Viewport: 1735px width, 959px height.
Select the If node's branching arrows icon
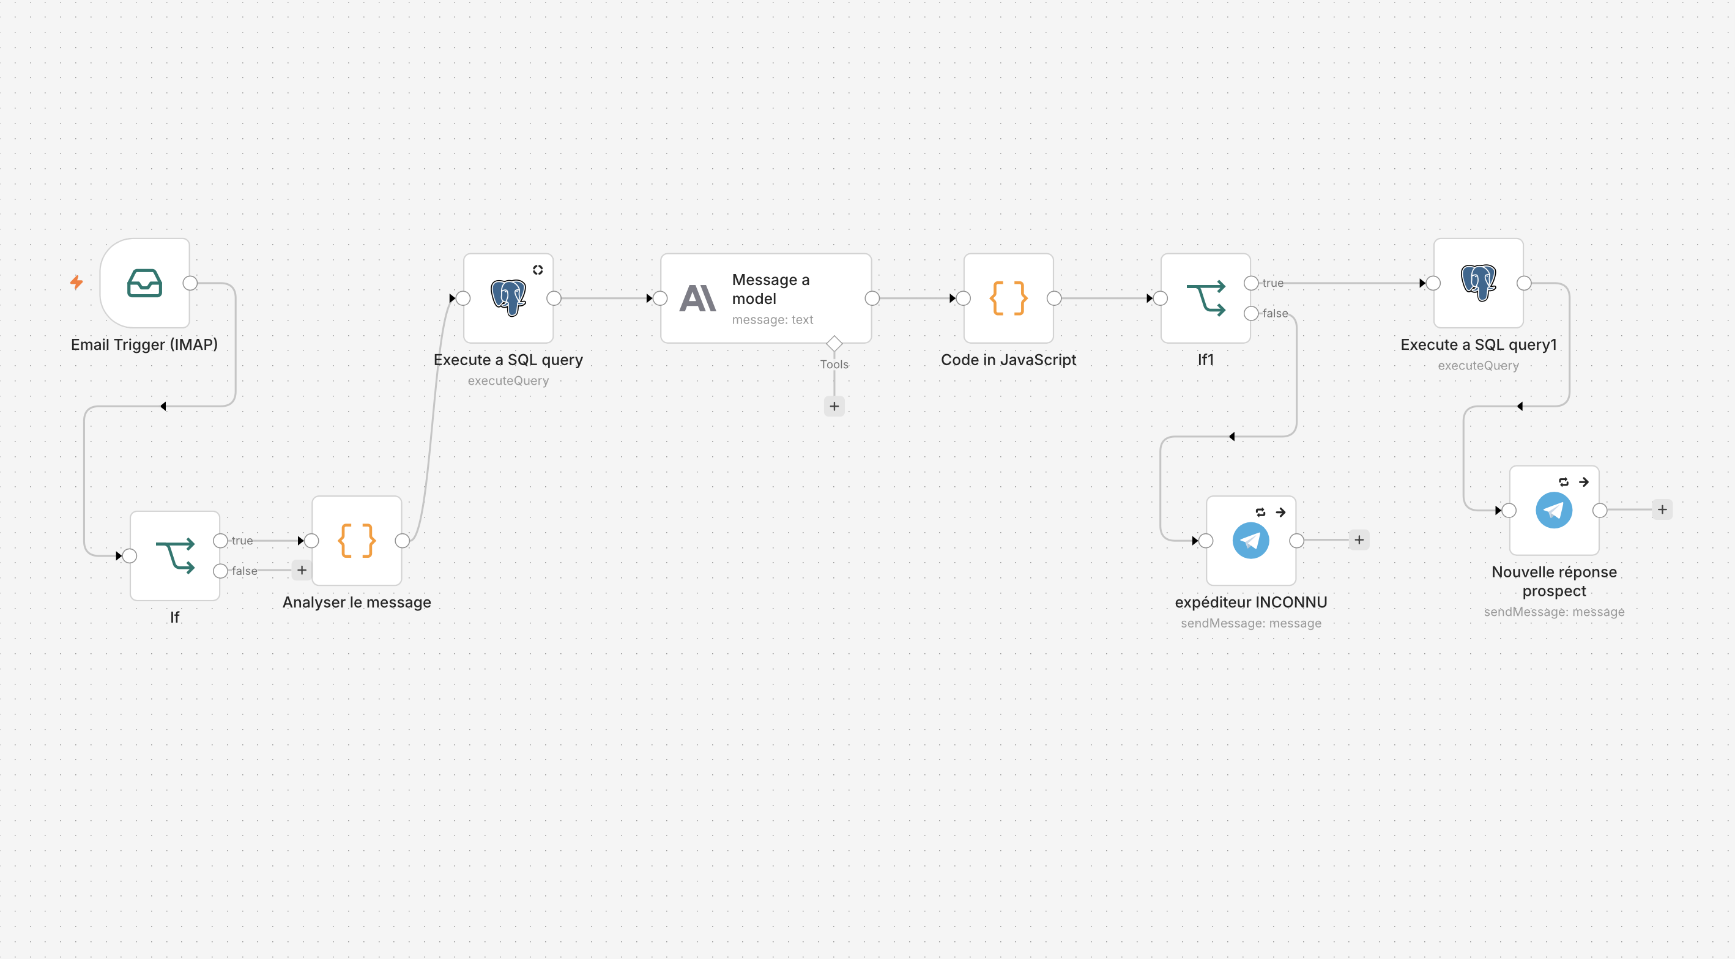[175, 555]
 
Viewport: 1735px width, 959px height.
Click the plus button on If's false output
[302, 571]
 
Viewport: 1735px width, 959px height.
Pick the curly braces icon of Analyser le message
[357, 540]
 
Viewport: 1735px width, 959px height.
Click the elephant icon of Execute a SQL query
[508, 298]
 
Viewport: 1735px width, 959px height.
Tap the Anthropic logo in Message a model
[698, 298]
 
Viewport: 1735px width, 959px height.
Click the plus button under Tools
[834, 406]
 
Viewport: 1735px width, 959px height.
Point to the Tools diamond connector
[834, 344]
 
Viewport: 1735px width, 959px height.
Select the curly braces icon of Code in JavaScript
[1008, 298]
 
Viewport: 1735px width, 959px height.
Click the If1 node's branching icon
[1206, 298]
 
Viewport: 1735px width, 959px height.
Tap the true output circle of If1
[1250, 283]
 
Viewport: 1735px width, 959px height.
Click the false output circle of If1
[1250, 313]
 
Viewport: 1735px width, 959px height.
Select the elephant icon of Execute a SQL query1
[1479, 283]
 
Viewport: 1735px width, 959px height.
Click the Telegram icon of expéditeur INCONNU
[1250, 540]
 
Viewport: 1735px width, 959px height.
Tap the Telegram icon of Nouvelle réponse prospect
[1554, 510]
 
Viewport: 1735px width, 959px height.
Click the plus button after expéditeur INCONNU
[1359, 539]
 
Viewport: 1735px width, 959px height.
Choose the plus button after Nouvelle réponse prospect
[1662, 509]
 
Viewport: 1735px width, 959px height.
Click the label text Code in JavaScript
[1008, 360]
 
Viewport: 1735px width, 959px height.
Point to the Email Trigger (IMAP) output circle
[190, 283]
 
